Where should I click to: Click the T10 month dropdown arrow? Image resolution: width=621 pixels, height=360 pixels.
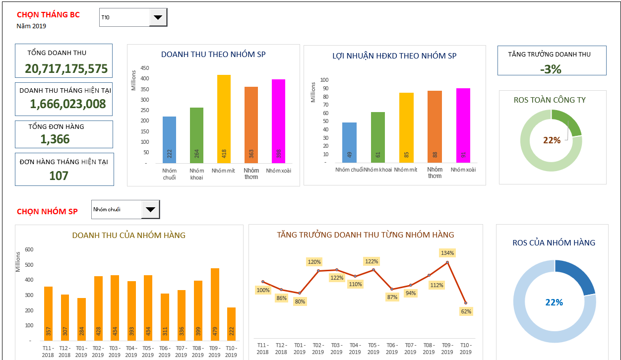[158, 17]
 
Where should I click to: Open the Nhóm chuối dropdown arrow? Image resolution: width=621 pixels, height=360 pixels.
[150, 209]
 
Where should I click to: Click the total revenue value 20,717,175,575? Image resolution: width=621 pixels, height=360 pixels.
[66, 69]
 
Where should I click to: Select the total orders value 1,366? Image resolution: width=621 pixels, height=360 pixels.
[55, 139]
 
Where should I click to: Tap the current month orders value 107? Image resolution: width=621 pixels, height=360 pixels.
[59, 176]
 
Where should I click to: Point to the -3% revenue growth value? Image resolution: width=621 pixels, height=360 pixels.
[551, 69]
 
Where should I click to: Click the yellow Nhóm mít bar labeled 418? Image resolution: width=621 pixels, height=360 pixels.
[224, 119]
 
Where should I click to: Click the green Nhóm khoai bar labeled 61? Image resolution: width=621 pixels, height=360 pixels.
[378, 137]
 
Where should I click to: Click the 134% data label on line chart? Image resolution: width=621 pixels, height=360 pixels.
[447, 253]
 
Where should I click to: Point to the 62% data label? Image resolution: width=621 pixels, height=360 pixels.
[466, 311]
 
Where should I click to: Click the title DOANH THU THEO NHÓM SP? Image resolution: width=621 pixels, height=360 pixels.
[213, 54]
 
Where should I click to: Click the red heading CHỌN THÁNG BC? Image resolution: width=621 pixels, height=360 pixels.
[48, 15]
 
